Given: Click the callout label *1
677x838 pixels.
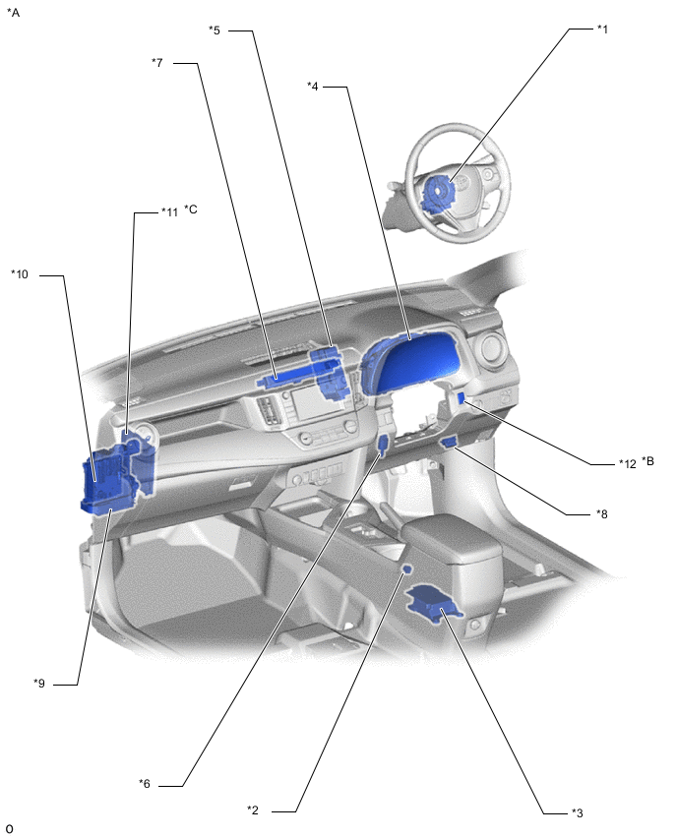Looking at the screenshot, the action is point(602,30).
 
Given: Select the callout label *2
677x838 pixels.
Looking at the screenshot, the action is point(253,810).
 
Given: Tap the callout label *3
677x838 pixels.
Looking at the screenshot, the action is point(577,812).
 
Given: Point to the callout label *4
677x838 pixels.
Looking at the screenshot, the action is point(313,86).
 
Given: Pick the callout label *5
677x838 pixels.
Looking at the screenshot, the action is point(215,30).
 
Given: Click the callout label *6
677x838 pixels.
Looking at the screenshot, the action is point(145,784).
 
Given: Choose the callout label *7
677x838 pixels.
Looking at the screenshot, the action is point(157,63).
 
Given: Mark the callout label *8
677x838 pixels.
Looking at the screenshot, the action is point(602,514).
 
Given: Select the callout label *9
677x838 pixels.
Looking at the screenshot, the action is point(39,683).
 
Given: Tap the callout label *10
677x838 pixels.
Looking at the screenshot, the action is point(20,274).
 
